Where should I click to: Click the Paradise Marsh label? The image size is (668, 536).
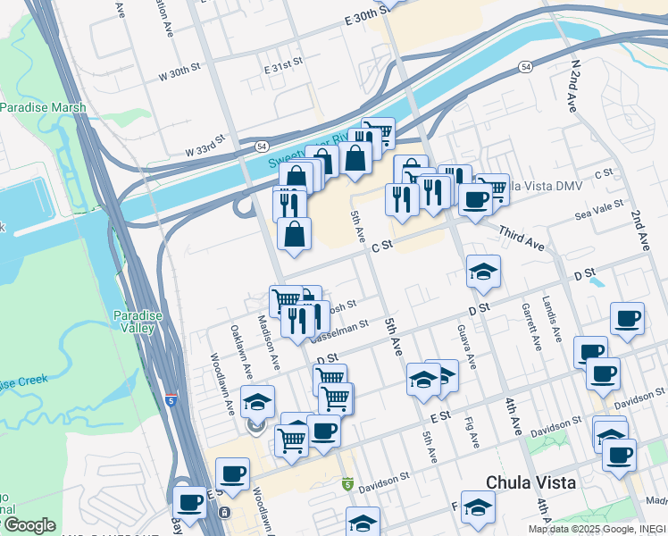tap(43, 108)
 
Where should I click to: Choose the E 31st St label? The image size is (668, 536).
tap(283, 69)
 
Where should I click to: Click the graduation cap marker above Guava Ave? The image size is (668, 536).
tap(483, 272)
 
